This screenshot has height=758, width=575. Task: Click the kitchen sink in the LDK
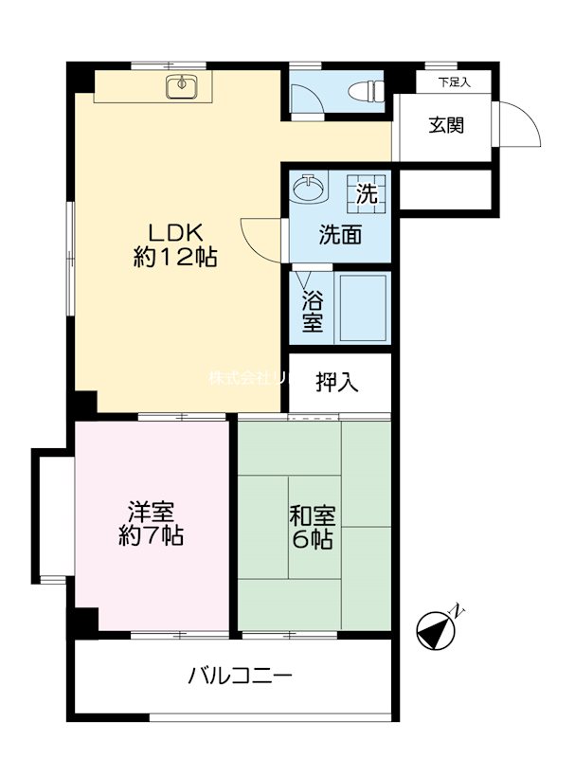tap(180, 88)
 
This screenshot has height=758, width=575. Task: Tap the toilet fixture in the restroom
tap(364, 92)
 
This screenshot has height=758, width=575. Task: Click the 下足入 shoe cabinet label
tap(454, 83)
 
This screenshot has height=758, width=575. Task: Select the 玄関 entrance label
tap(446, 125)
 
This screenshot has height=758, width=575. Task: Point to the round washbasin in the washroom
tap(309, 189)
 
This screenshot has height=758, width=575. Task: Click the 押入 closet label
tap(338, 383)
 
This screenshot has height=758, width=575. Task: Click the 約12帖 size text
tap(175, 258)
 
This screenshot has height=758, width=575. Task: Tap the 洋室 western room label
tap(151, 513)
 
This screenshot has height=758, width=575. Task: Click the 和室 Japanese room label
tap(312, 516)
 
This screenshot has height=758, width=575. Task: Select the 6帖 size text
tap(312, 541)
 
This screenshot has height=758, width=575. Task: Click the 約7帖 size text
tap(151, 537)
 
